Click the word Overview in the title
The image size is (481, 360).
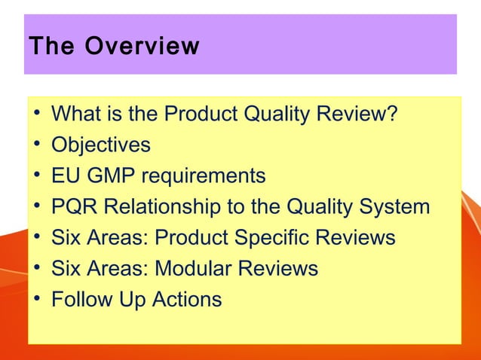pos(142,47)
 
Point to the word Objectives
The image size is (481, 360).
pos(100,145)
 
